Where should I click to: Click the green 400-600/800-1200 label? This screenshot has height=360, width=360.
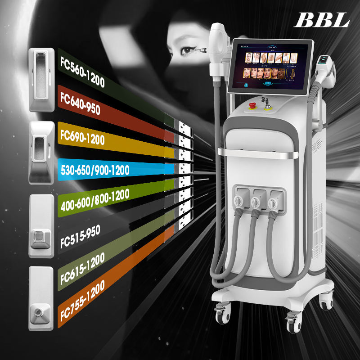[94, 200]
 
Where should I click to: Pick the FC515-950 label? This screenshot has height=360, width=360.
[80, 235]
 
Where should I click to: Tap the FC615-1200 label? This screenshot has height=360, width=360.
[82, 269]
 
